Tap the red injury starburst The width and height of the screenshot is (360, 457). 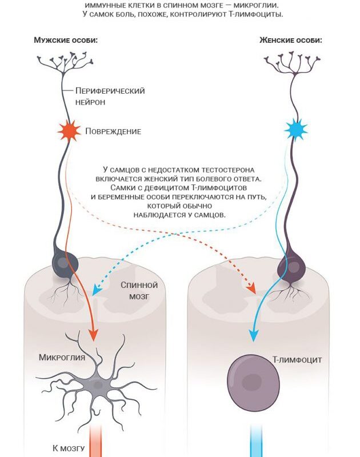click(69, 131)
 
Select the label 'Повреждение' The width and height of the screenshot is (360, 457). click(113, 131)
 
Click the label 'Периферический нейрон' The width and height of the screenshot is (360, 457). click(110, 96)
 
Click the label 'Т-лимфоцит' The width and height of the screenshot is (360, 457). click(297, 360)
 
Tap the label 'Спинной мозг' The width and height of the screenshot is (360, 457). click(139, 291)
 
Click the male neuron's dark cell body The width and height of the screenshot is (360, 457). click(65, 263)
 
